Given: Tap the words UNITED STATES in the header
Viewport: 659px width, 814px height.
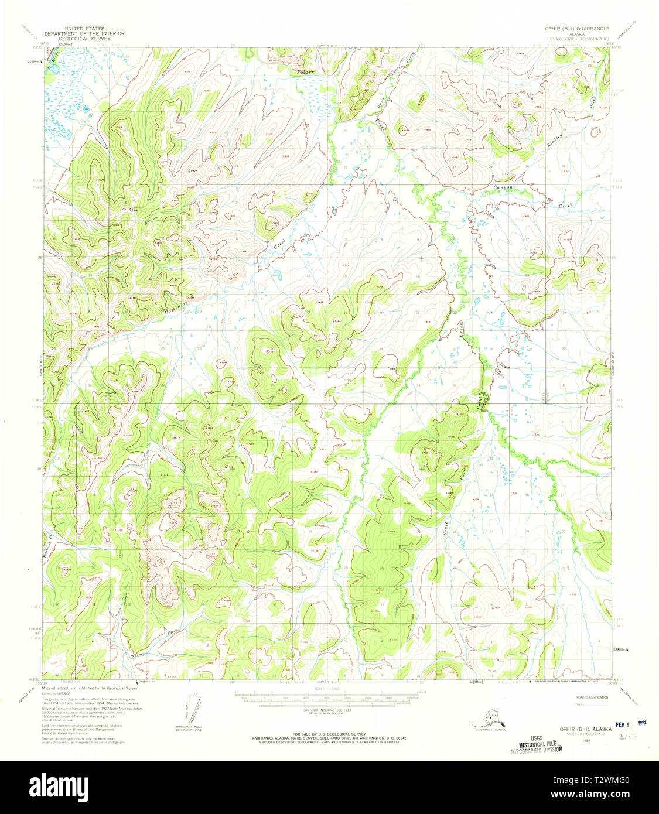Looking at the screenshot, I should point(85,28).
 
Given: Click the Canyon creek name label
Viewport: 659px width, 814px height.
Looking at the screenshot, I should point(503,187).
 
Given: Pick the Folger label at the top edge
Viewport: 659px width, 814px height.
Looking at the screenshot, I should point(305,72).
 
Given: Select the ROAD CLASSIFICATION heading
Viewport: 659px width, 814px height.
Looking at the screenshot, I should point(592,697).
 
